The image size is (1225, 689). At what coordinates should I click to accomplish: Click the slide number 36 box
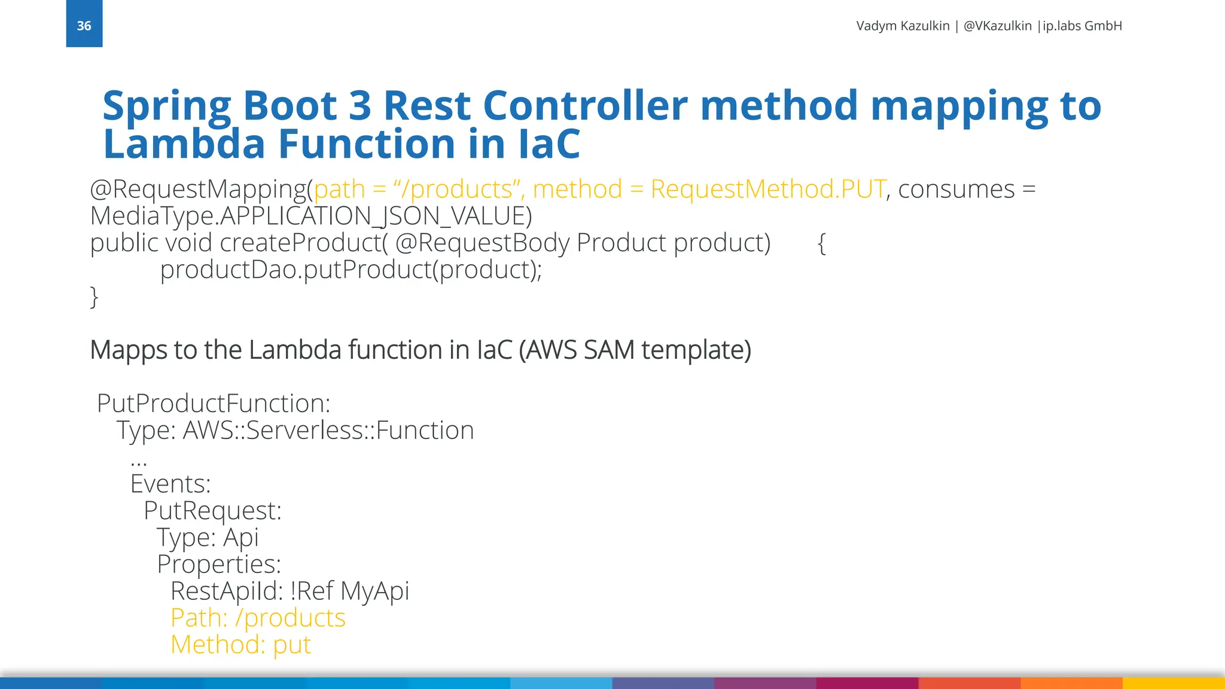[84, 25]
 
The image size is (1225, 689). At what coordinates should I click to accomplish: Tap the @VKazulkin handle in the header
[997, 26]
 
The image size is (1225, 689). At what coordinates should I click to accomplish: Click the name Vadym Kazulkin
[903, 26]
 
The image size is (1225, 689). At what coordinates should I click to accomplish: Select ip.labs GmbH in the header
[1082, 26]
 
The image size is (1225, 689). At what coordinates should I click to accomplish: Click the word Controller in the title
[585, 105]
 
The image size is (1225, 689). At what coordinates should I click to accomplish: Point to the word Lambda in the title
[184, 144]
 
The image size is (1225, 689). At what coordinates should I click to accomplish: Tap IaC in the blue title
[549, 144]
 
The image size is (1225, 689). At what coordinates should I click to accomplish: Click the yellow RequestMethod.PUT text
[768, 189]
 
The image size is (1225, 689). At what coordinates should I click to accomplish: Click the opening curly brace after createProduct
[822, 243]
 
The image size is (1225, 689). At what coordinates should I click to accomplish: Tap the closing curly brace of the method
[94, 297]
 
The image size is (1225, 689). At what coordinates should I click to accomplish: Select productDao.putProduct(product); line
[351, 270]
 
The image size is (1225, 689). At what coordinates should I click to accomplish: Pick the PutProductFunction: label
[214, 403]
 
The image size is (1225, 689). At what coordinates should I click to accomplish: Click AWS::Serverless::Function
[328, 431]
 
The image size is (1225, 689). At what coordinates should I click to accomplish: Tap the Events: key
[170, 484]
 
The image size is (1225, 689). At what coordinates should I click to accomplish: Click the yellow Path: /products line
[258, 618]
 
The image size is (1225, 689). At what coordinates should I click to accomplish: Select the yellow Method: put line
[240, 645]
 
